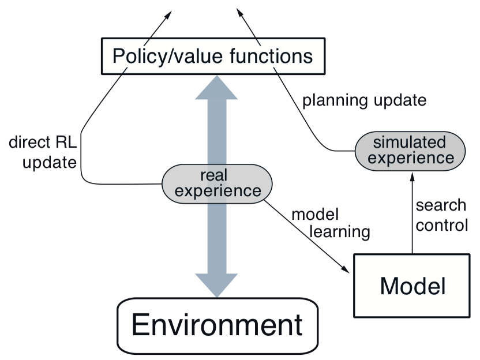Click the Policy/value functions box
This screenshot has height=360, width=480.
pos(212,57)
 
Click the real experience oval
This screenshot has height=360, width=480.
pos(216,183)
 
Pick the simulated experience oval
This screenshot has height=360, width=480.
pos(410,149)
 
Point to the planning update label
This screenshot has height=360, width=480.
pos(364,100)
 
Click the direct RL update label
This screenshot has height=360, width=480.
pos(43,152)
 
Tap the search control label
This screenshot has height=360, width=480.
pos(441,215)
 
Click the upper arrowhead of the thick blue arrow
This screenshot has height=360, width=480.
pos(216,89)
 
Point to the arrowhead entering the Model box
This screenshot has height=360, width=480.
pos(346,271)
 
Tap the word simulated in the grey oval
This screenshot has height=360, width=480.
pos(410,142)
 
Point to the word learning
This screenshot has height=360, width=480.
pos(339,232)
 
